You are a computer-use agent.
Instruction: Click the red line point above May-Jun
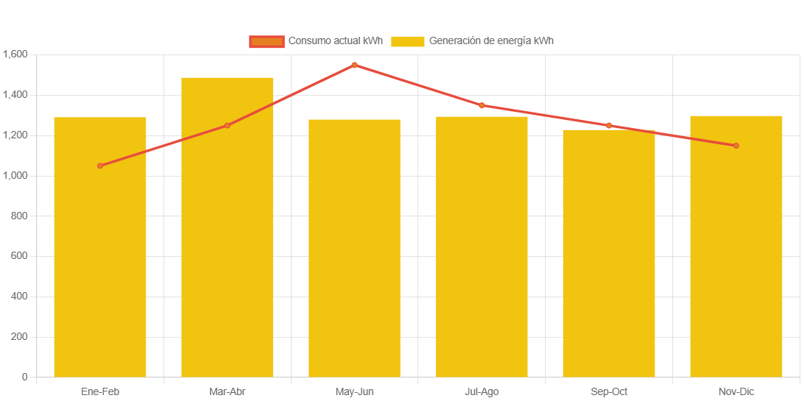[354, 65]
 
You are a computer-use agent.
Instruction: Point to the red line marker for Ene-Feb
[100, 166]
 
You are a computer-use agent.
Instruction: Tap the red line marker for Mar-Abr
[227, 125]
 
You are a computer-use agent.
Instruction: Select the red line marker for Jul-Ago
[482, 105]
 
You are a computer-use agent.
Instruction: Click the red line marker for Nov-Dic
[736, 146]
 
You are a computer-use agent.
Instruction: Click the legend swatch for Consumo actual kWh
[267, 41]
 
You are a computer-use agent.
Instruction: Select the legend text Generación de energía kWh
[491, 41]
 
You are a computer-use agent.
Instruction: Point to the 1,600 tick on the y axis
[15, 54]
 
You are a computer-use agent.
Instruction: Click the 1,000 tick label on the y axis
[15, 175]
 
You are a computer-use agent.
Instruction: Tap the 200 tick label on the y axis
[20, 336]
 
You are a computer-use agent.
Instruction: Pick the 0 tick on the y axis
[25, 377]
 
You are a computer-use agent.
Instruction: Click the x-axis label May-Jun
[354, 391]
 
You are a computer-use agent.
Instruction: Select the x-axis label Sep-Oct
[609, 391]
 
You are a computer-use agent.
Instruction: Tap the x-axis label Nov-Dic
[736, 391]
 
